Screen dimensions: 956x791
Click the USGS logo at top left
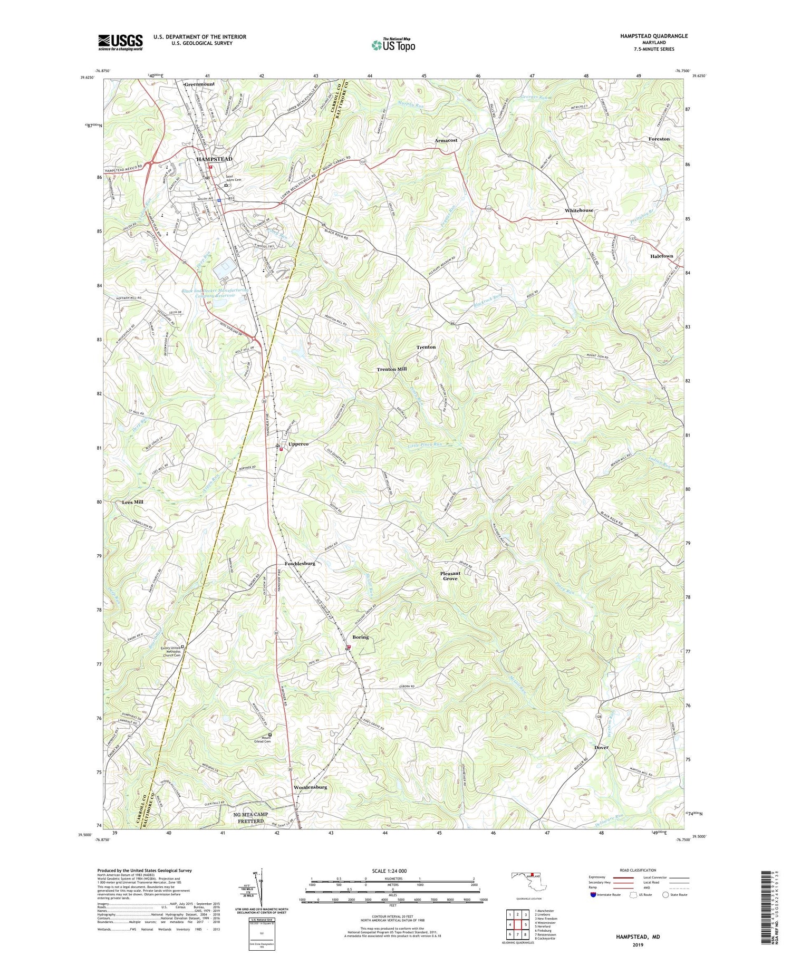[x=120, y=42]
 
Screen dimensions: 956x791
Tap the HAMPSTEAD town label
[x=214, y=159]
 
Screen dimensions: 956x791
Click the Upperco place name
[x=298, y=444]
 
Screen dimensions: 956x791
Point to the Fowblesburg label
[x=300, y=564]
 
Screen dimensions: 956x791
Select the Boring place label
[x=360, y=637]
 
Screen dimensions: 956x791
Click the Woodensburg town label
[x=310, y=787]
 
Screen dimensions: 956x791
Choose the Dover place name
[x=601, y=747]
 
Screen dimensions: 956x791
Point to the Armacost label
[x=446, y=141]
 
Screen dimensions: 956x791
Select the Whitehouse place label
[x=578, y=210]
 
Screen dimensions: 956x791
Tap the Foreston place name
[x=659, y=139]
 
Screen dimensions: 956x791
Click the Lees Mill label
[x=132, y=502]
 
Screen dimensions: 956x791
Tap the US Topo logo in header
[x=393, y=45]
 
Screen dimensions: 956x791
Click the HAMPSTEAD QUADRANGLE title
[x=654, y=36]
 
